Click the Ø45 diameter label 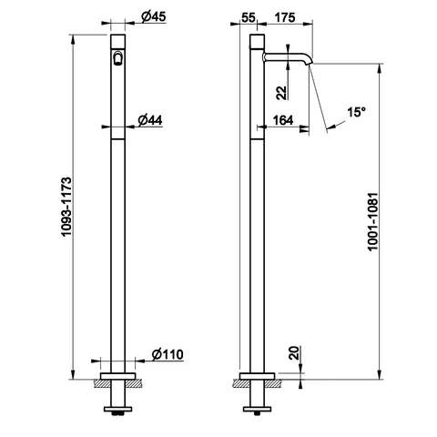154,16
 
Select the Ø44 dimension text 150,120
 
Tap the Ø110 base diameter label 168,354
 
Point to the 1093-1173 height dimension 66,207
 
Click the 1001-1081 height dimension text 372,221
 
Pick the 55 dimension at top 249,17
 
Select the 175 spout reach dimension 285,17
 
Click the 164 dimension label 283,120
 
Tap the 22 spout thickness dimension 281,93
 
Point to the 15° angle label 356,113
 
